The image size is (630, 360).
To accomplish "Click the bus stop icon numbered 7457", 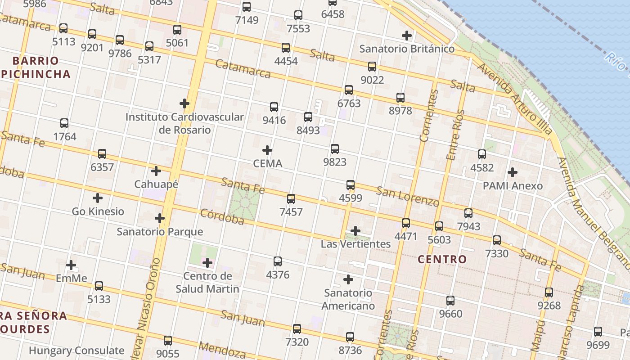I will coord(291,198).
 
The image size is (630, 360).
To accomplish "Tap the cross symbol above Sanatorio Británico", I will coord(407,35).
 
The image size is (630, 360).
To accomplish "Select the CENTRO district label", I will coord(442,259).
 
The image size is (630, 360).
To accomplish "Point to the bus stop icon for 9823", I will coord(334,149).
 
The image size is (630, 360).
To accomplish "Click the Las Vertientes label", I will coord(355,244).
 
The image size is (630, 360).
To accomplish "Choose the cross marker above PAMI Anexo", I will coord(512,172).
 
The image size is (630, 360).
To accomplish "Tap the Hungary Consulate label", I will coord(76,351).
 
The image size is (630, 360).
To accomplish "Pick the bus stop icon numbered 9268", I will coord(549,292).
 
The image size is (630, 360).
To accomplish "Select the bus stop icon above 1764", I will coord(64,123).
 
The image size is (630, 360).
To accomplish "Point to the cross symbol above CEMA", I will coord(267,150).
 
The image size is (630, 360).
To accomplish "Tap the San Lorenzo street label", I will coord(407,197).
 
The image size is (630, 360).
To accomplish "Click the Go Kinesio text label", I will coord(98,211).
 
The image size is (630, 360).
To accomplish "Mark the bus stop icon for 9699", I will coord(598,332).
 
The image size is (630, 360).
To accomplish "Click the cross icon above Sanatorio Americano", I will coord(348,279).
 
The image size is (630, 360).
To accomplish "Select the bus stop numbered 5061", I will coord(177,30).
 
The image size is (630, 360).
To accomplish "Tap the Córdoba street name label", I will coord(222,216).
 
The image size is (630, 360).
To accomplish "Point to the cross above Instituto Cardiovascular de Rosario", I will coord(184,103).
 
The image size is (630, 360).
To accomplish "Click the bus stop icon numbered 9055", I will coord(168,341).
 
